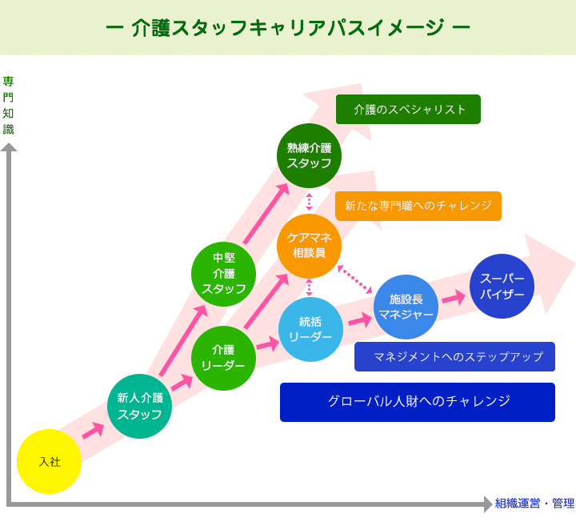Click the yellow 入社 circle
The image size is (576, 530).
49,461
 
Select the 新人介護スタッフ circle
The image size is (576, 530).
139,406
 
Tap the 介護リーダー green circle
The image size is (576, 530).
223,358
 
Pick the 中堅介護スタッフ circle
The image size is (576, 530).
223,274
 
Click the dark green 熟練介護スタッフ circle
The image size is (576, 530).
309,155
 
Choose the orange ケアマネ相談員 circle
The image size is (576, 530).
309,245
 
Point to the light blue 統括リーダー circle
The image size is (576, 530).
310,329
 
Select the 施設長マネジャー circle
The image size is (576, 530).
406,307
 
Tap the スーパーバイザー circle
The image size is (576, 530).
502,286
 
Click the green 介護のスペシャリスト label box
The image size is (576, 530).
408,110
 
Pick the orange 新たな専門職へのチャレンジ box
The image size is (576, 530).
418,206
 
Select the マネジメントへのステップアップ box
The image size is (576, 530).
454,357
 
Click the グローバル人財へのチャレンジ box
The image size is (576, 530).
417,402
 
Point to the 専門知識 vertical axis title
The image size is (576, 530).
9,105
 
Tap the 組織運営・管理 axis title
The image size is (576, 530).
534,504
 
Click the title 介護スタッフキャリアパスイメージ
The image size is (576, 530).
288,27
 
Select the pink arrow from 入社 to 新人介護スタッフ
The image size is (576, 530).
93,431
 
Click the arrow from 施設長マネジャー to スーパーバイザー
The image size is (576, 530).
454,297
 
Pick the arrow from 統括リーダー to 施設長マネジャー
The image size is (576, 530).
360,319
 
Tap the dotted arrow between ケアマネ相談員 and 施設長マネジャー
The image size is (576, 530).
354,279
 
